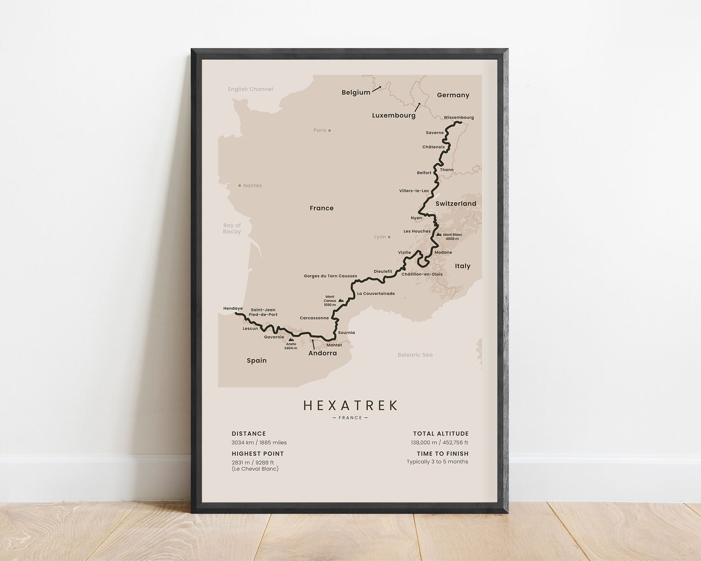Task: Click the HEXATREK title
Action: click(350, 405)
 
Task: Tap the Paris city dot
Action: click(329, 130)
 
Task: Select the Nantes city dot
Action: click(240, 185)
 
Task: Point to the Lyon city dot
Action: click(389, 237)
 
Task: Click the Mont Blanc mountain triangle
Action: click(439, 234)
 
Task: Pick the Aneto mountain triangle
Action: click(291, 340)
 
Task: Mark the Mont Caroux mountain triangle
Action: click(341, 301)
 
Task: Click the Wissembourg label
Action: click(458, 117)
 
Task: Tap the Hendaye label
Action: click(233, 308)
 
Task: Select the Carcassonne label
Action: click(314, 318)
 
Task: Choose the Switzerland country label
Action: click(456, 204)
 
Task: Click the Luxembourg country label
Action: click(393, 115)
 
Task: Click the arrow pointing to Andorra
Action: click(313, 344)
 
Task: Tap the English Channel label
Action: click(250, 89)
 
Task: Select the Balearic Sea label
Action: click(415, 355)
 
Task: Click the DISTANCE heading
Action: click(248, 434)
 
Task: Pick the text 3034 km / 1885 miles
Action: click(259, 443)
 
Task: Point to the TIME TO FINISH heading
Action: click(442, 454)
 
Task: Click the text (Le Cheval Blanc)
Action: click(255, 469)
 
